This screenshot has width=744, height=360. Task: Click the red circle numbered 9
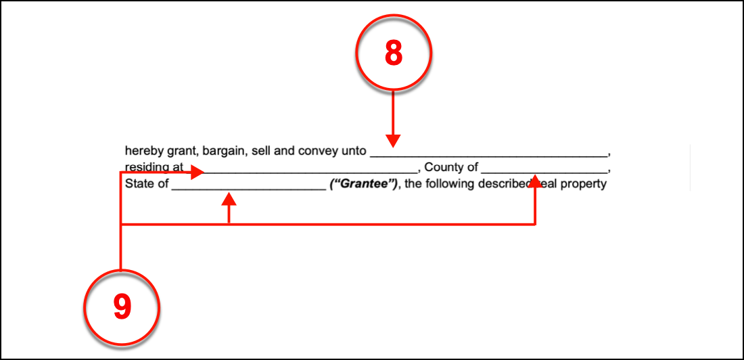tap(121, 307)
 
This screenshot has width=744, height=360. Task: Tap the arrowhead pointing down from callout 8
tap(394, 141)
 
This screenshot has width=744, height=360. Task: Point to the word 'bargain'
tap(225, 151)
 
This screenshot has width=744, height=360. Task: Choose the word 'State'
tap(139, 183)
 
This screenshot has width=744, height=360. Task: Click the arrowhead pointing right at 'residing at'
tap(197, 173)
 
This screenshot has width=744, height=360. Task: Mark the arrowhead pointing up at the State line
tap(230, 199)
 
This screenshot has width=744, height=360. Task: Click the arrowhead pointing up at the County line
tap(535, 181)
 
